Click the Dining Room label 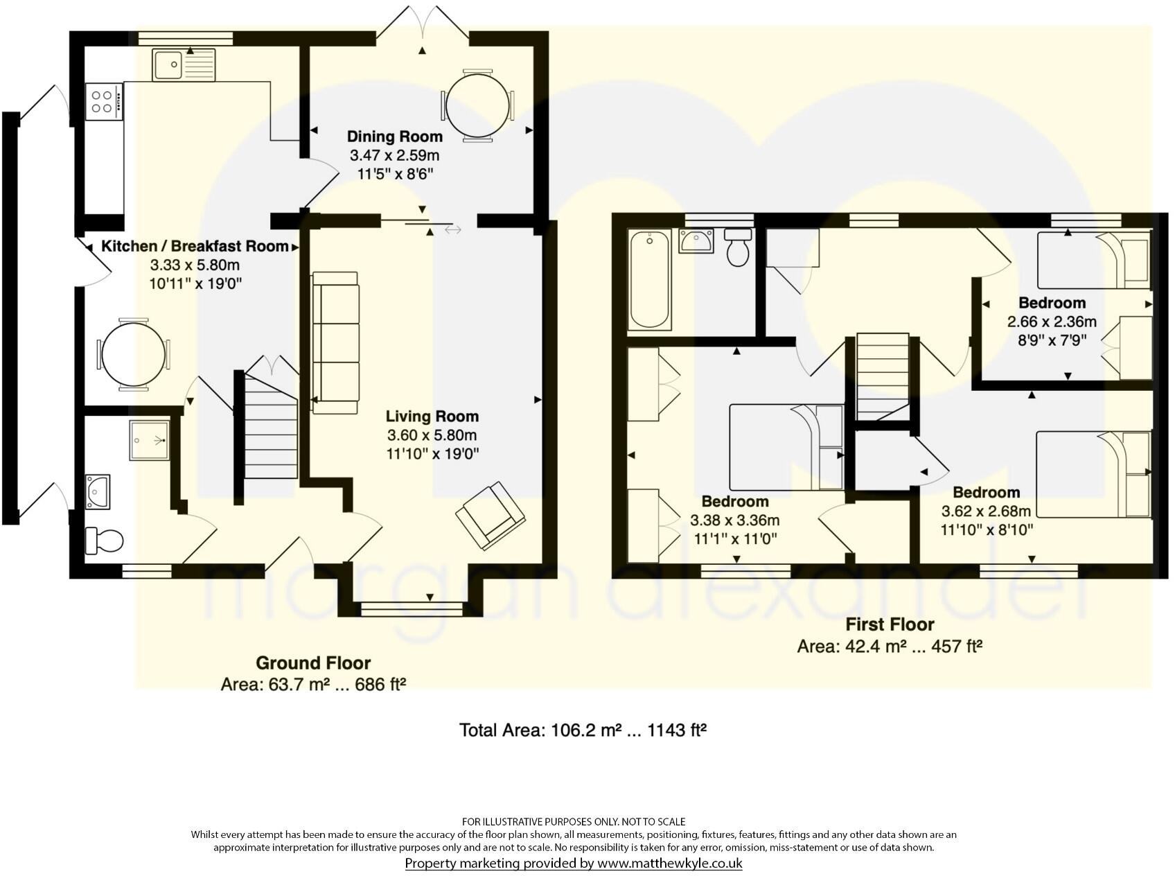click(394, 137)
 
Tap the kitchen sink click(184, 64)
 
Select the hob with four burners click(104, 101)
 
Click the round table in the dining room click(477, 106)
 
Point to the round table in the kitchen click(134, 354)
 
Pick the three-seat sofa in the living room click(336, 342)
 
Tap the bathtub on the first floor click(650, 279)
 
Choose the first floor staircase click(883, 376)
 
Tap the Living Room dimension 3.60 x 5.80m click(432, 435)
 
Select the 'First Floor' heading click(890, 624)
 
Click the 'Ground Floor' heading click(313, 663)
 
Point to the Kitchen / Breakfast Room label click(195, 246)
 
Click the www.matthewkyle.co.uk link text click(669, 863)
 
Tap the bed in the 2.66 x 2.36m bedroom click(1094, 261)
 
